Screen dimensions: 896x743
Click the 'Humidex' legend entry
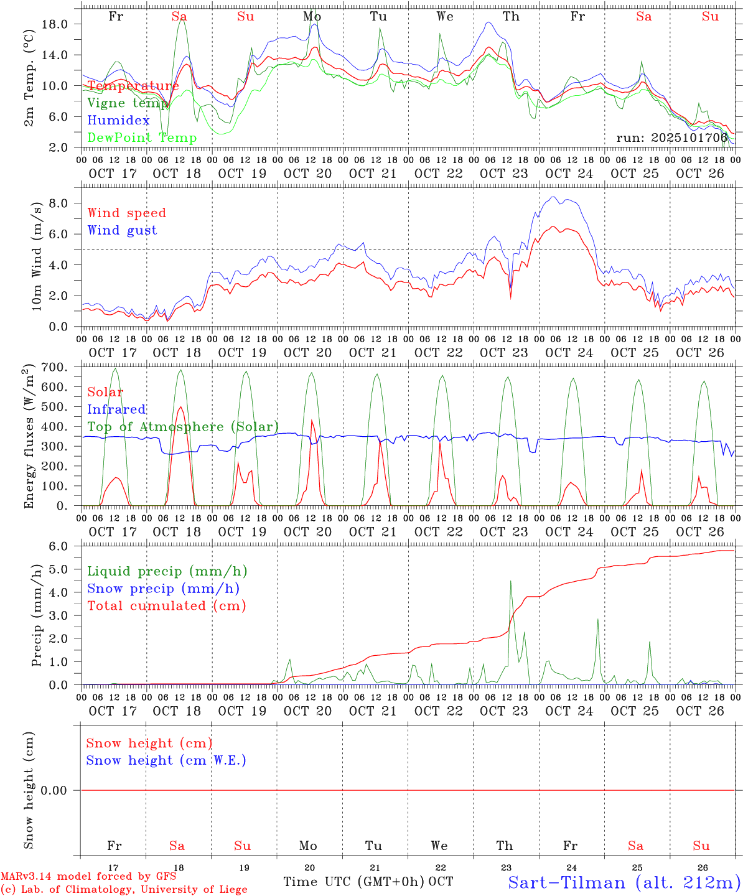coord(118,121)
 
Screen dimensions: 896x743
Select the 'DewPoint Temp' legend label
coord(142,138)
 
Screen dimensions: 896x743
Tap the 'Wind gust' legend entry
coord(122,230)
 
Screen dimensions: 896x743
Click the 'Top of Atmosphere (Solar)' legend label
coord(183,427)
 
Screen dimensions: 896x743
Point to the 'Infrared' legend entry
coord(116,409)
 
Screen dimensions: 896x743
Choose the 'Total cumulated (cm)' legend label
coord(166,606)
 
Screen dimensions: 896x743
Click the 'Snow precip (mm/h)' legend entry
coord(163,589)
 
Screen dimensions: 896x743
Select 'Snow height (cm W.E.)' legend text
coord(166,760)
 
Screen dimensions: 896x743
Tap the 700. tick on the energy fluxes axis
coord(53,367)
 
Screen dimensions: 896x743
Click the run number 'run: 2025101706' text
coord(671,138)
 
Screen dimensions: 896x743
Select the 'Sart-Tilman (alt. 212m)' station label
coord(624,882)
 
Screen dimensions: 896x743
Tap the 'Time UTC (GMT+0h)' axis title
coord(353,882)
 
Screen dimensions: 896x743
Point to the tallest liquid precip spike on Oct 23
coord(511,581)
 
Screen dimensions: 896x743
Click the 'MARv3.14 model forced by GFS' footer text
coord(88,877)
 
